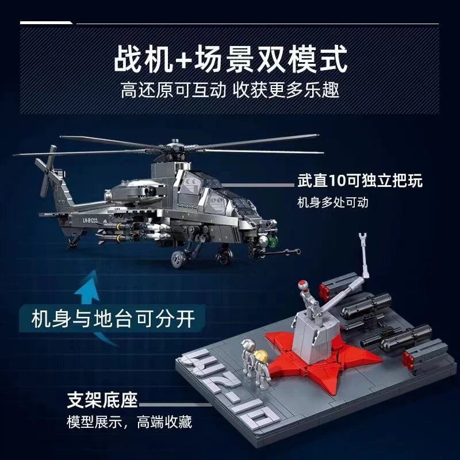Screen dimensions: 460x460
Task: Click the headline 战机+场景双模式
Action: [x=230, y=59]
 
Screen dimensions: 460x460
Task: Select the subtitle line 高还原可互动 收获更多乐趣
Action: [x=230, y=90]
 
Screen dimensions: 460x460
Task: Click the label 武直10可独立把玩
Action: [x=360, y=182]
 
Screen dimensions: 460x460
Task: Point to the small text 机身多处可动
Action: [x=332, y=202]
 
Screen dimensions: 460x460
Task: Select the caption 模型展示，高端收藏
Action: [x=129, y=423]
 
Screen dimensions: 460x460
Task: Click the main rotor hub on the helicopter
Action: [x=174, y=148]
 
